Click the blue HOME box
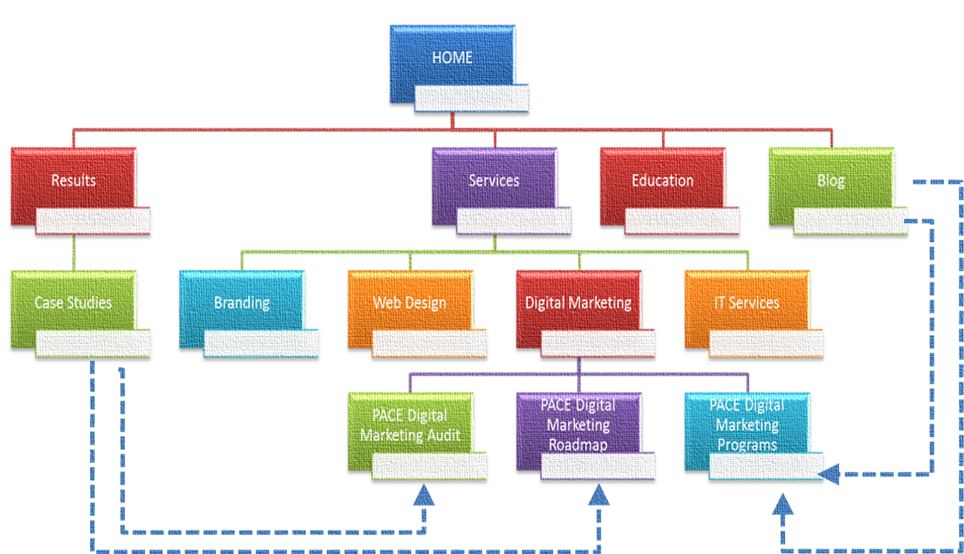click(452, 57)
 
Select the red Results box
click(73, 179)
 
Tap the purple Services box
click(494, 179)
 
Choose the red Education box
click(662, 179)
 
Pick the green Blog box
click(831, 179)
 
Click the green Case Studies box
click(73, 302)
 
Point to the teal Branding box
click(242, 302)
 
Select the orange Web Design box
click(410, 302)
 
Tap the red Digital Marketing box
click(578, 302)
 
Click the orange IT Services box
click(747, 302)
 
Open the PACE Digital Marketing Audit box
click(410, 425)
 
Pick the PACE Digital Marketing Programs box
click(747, 425)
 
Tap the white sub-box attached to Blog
click(850, 222)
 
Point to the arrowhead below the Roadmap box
click(599, 495)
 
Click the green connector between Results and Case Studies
click(74, 253)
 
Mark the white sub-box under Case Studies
click(93, 344)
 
